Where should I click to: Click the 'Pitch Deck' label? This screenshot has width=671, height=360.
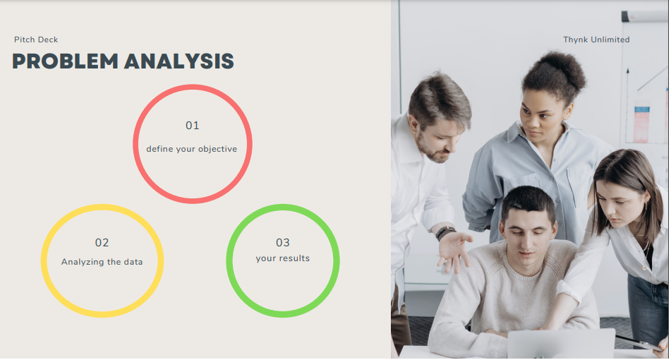[36, 40]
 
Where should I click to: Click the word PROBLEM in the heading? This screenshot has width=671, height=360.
[65, 61]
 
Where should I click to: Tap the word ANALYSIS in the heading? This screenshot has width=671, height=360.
[179, 61]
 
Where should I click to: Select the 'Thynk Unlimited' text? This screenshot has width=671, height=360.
[596, 40]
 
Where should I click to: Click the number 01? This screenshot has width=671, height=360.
[192, 126]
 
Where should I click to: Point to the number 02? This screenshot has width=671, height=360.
[102, 243]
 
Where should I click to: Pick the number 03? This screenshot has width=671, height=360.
[283, 243]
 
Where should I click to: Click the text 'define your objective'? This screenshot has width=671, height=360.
[192, 149]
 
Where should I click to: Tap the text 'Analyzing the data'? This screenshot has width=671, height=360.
[102, 262]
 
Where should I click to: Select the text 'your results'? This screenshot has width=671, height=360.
[283, 258]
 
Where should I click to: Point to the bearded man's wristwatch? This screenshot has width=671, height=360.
[445, 233]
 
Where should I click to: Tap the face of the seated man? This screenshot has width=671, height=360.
[528, 238]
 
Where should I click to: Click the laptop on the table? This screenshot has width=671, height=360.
[561, 344]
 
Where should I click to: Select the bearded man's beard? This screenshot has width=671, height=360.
[433, 148]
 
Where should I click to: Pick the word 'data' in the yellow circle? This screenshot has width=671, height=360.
[133, 262]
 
